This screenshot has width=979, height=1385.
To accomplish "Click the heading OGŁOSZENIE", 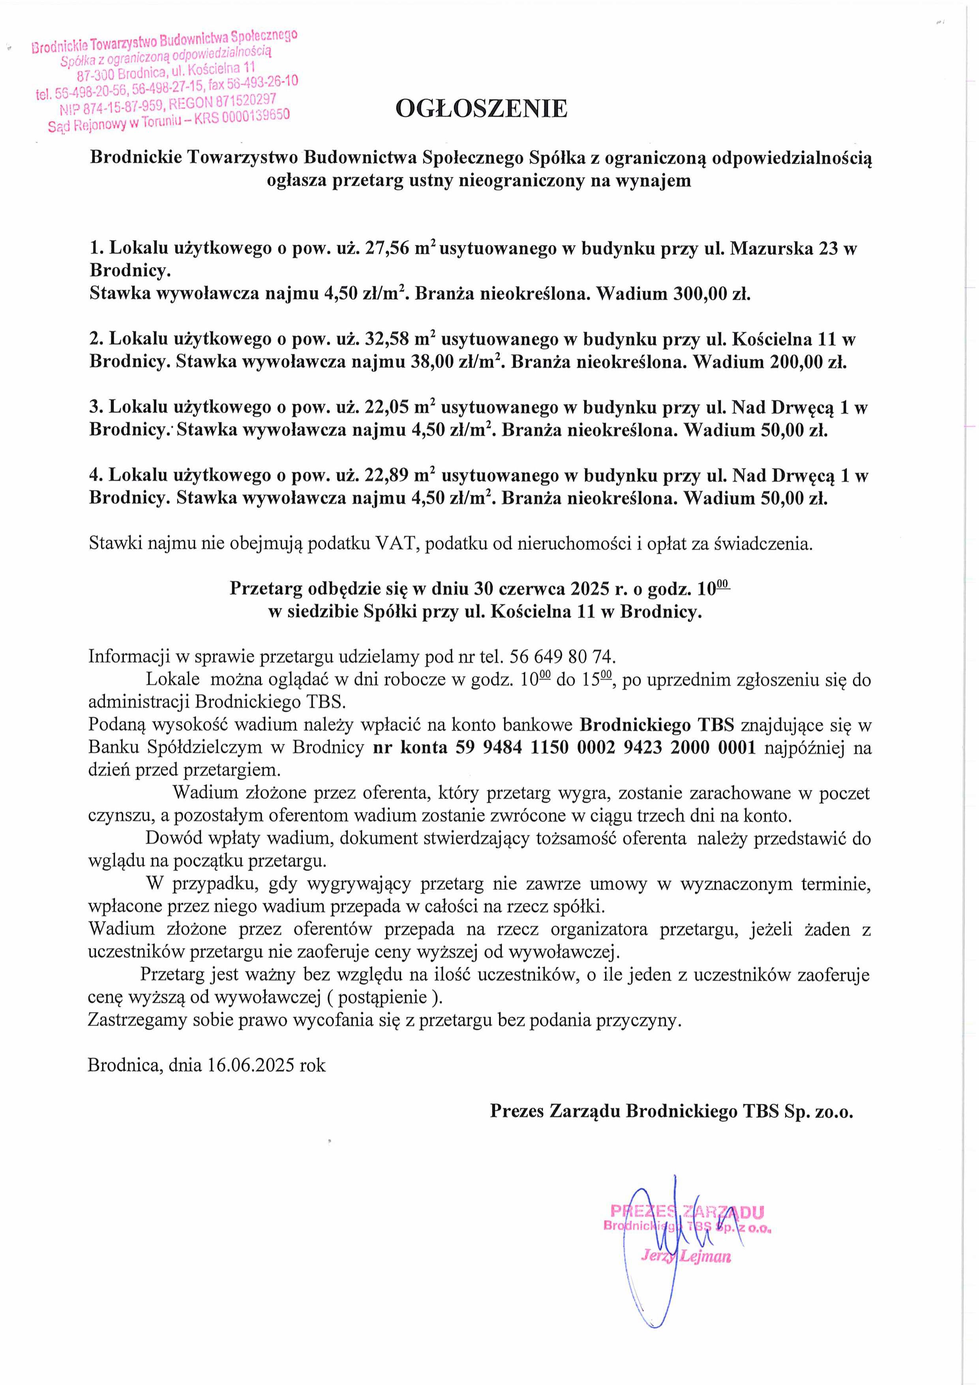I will pos(481,109).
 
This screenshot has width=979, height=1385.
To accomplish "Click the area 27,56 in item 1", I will pos(386,249).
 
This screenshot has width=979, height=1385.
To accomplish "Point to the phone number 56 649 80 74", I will pos(562,656).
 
